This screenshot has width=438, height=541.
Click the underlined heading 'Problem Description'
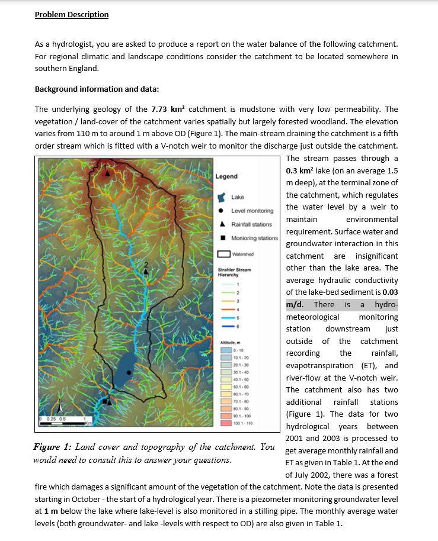(x=72, y=14)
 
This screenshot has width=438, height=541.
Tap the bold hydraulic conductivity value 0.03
(x=391, y=292)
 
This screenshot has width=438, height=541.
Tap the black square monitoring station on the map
(x=105, y=401)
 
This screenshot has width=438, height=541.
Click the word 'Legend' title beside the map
(x=226, y=176)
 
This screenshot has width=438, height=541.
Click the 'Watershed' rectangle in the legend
(x=223, y=255)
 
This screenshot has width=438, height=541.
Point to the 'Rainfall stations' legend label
(x=251, y=224)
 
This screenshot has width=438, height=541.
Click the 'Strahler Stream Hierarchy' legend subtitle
(x=235, y=272)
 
